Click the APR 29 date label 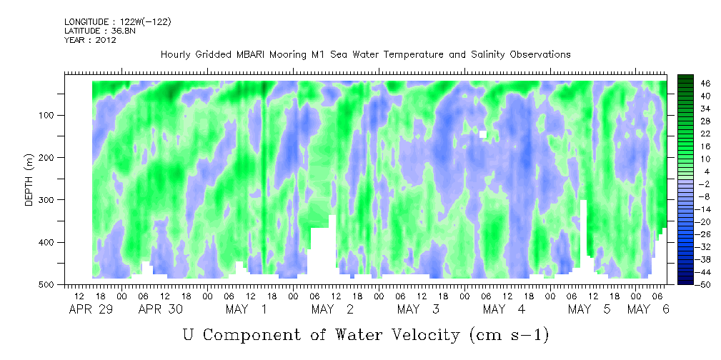[91, 309]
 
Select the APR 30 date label [161, 309]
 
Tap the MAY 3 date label [418, 309]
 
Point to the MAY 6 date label [648, 309]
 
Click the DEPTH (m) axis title [29, 180]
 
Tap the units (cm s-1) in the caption [509, 335]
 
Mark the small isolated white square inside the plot [483, 134]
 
